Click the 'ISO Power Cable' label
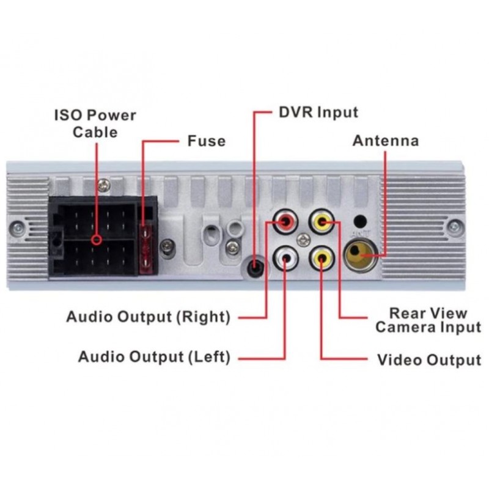point(95,123)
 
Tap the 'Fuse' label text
point(207,141)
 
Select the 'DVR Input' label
point(318,112)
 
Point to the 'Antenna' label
point(386,141)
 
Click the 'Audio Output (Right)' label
point(149,317)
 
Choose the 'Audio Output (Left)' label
point(155,357)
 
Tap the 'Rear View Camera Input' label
point(428,320)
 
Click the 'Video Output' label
point(429,360)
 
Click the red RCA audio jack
point(285,222)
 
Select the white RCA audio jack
point(285,258)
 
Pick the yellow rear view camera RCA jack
point(322,222)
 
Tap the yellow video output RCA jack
point(322,258)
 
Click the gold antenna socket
point(360,254)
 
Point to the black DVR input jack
point(255,266)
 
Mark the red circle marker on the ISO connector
point(97,240)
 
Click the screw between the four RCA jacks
point(303,240)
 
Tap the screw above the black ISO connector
point(104,186)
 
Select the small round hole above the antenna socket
point(360,221)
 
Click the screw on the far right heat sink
point(455,227)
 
